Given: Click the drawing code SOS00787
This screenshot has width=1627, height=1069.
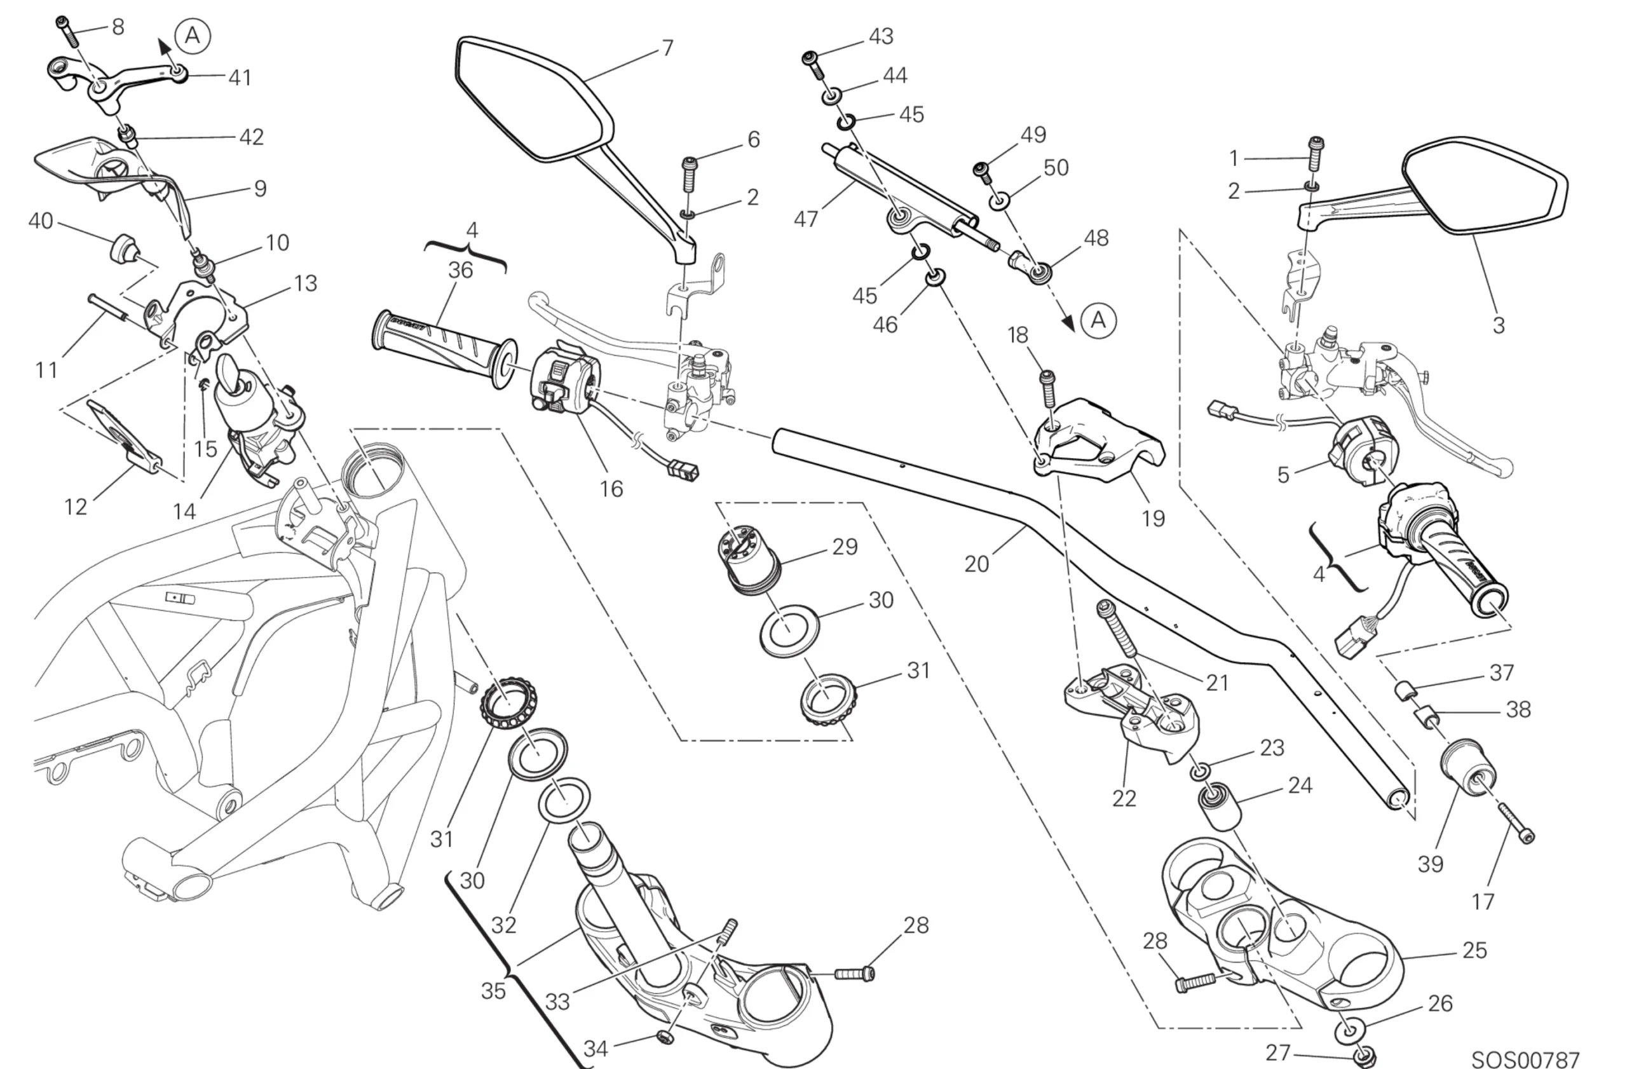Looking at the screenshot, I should pos(1525,1060).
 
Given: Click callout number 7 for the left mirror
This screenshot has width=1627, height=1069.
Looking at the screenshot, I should pos(668,48).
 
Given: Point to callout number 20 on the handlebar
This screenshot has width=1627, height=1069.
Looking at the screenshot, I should pos(976,564).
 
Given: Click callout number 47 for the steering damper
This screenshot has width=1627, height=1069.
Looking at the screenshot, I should pos(806,219).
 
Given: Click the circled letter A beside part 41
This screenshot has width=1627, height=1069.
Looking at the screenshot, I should pos(192,35).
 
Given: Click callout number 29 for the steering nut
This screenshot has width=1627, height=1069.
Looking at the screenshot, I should pos(844,547).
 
